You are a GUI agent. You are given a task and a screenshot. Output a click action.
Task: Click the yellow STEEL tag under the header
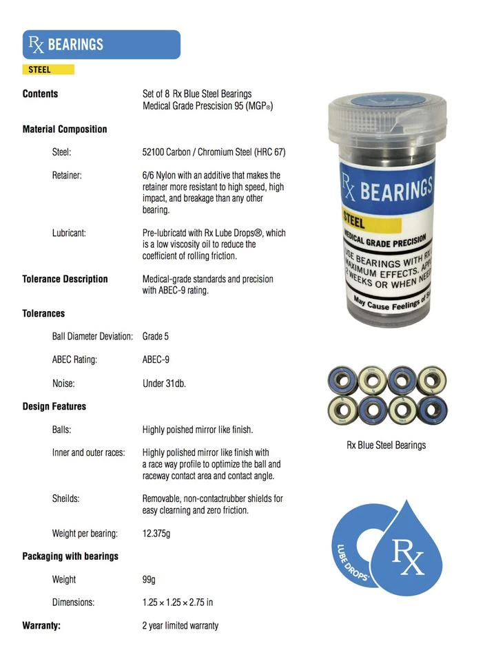(x=48, y=70)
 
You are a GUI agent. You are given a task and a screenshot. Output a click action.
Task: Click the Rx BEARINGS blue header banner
(x=101, y=45)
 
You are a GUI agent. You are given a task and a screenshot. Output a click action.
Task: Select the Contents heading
(x=40, y=94)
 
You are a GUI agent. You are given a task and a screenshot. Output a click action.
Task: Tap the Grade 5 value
(x=155, y=336)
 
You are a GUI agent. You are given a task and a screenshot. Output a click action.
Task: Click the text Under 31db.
(x=164, y=383)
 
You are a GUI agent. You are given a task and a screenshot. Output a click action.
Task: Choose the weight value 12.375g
(x=157, y=533)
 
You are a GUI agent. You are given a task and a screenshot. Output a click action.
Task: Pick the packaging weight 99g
(x=149, y=579)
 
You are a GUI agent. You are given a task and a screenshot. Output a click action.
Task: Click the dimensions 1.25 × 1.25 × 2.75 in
(x=177, y=602)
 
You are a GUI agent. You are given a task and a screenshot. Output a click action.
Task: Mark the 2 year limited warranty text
(x=180, y=625)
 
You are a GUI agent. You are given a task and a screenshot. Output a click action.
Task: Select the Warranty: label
(x=41, y=625)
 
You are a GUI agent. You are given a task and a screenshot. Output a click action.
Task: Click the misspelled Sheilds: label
(x=68, y=499)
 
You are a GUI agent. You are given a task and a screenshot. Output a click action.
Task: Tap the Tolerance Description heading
(x=65, y=279)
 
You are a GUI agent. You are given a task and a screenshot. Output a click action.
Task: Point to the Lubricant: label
(x=69, y=233)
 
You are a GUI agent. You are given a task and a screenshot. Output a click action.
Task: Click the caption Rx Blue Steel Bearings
(x=386, y=445)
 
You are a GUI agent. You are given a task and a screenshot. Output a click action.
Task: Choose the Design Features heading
(x=54, y=406)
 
